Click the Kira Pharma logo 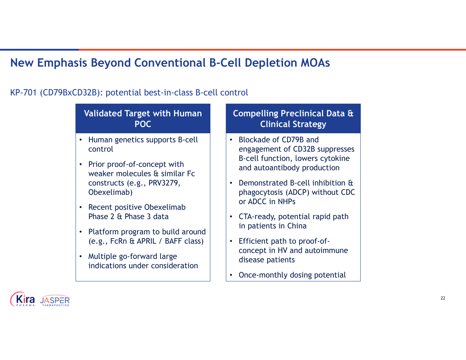(23, 299)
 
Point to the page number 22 (443, 298)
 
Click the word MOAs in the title (315, 63)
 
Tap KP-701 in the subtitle (23, 93)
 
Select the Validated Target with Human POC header (143, 119)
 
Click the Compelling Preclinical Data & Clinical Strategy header (293, 119)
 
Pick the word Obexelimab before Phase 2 (165, 207)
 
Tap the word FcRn (118, 241)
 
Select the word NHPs (286, 202)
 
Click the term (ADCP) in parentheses (297, 192)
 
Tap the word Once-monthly (263, 275)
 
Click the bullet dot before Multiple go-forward (81, 256)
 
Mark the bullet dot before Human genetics (81, 140)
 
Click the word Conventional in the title (170, 63)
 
